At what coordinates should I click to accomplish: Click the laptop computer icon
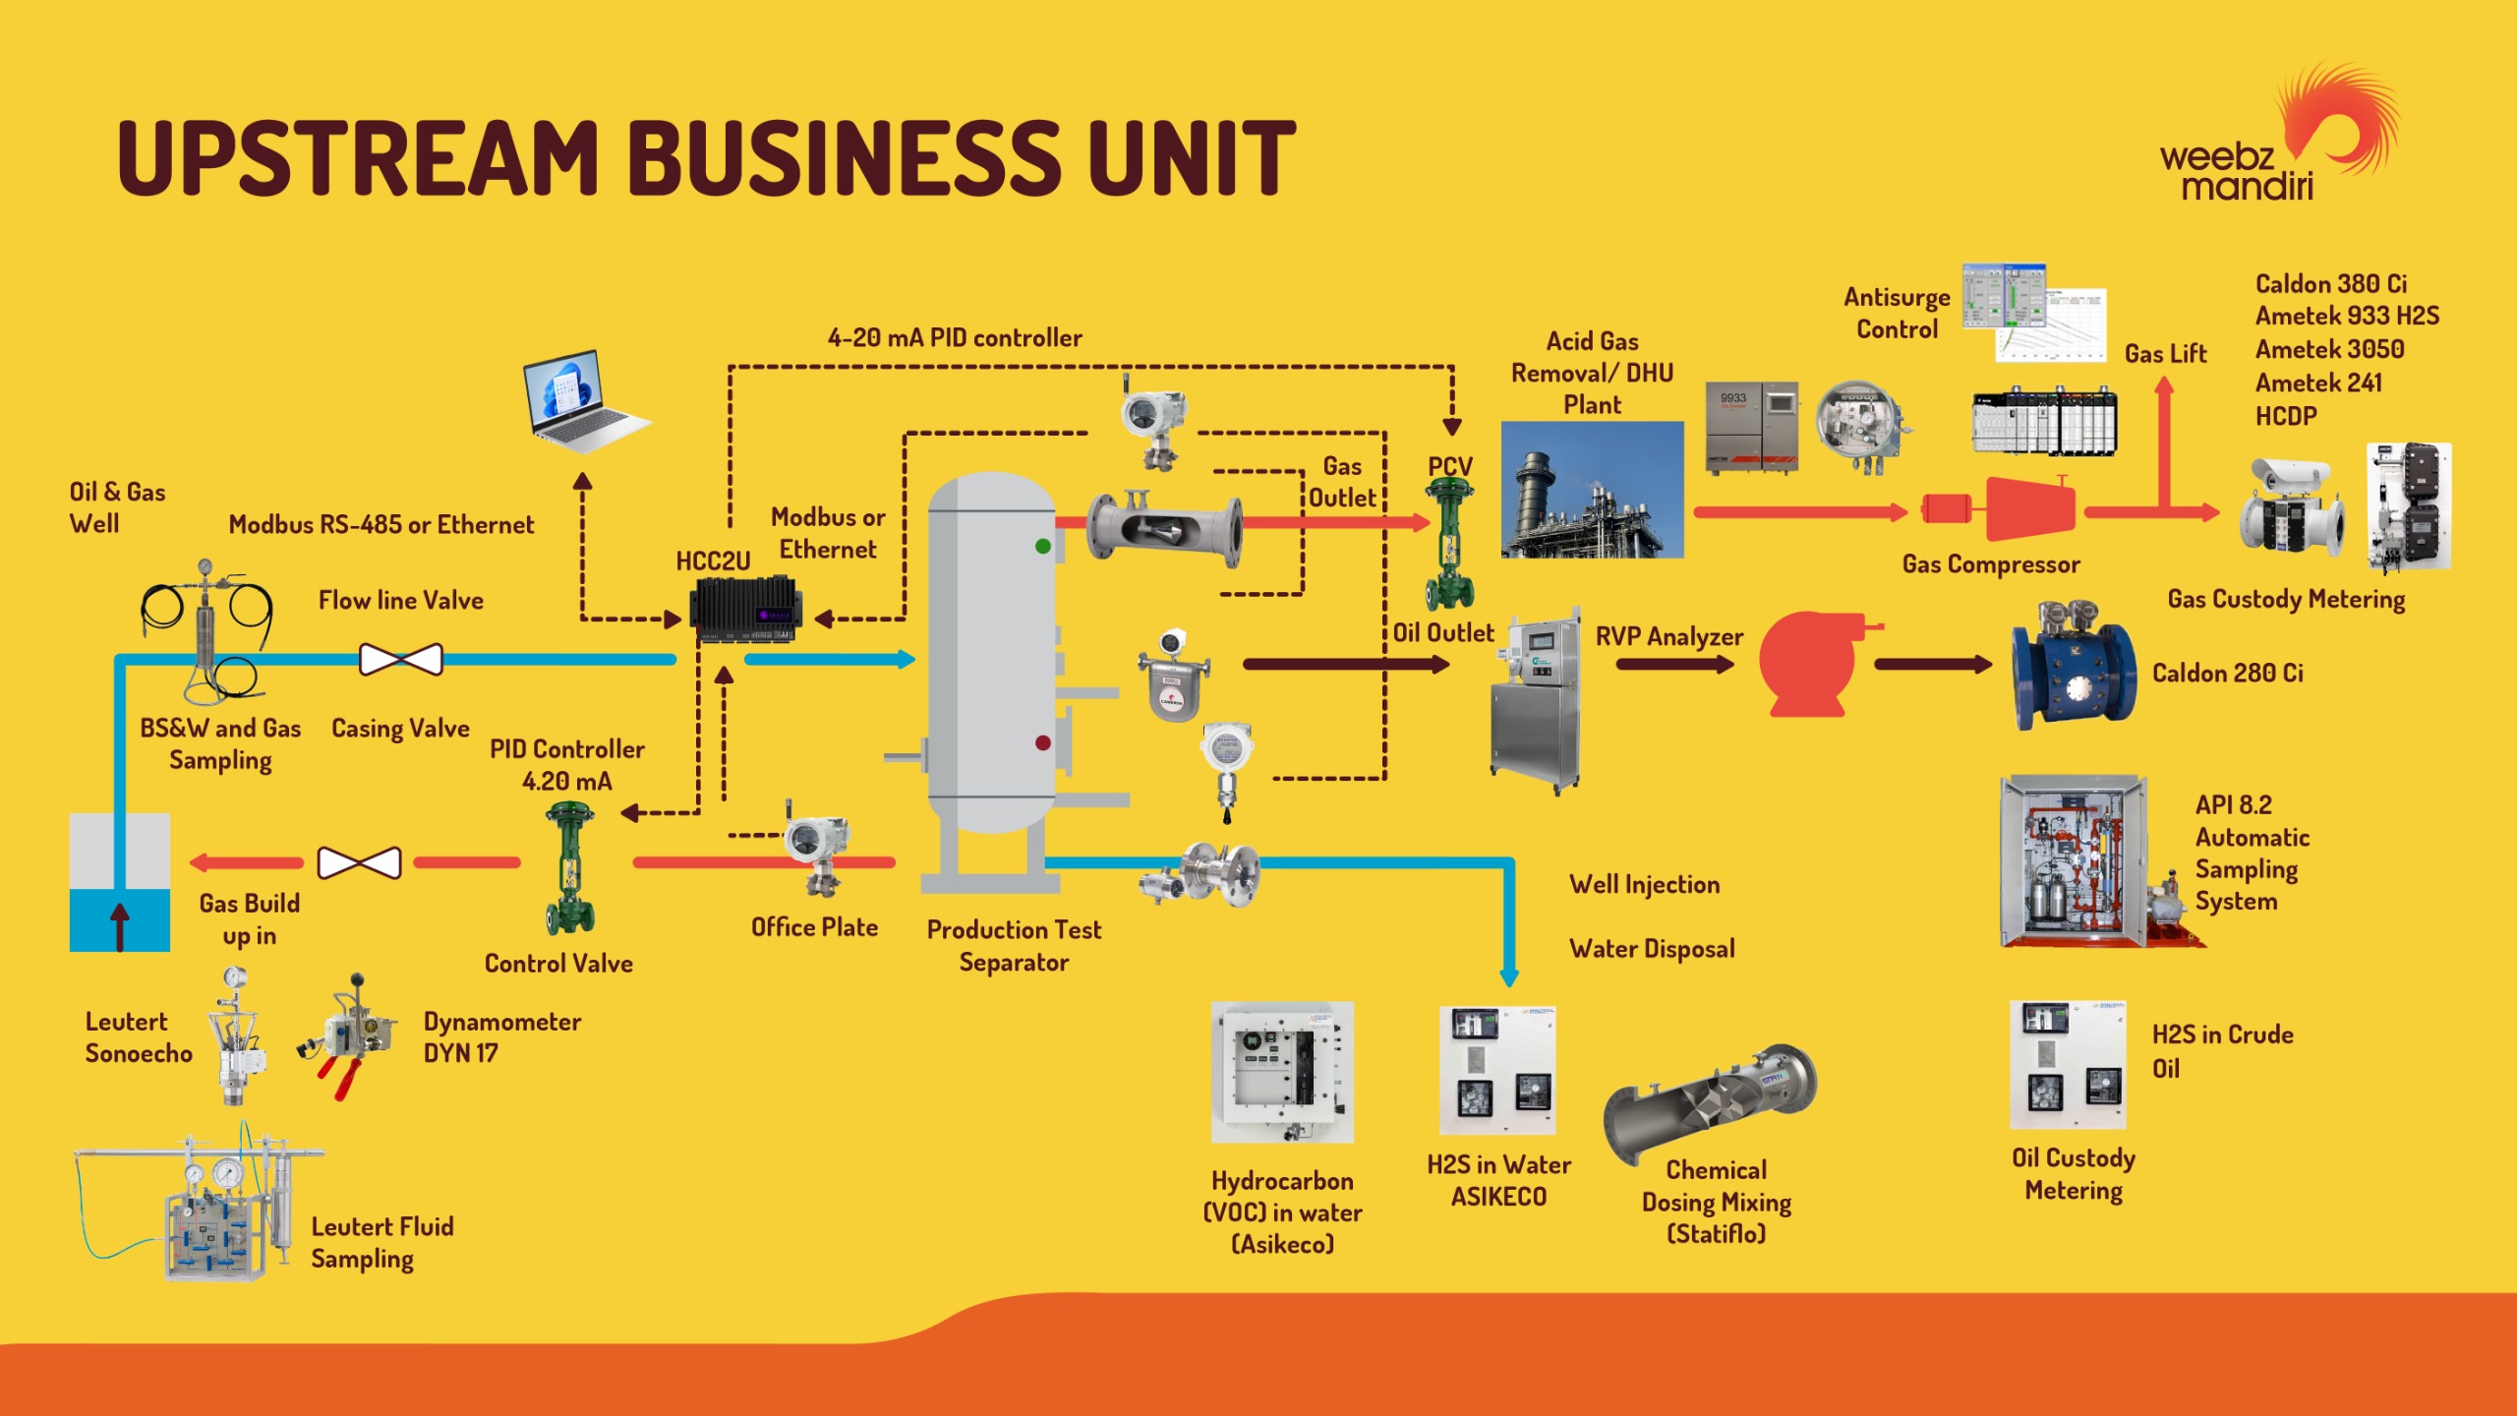[x=586, y=401]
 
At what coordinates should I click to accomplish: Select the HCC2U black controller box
[x=745, y=609]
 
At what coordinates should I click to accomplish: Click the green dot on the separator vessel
[x=1043, y=546]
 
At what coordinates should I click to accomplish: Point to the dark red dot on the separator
[x=1043, y=743]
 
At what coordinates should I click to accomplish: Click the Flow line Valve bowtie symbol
[x=401, y=659]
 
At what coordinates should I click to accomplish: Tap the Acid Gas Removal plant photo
[x=1592, y=490]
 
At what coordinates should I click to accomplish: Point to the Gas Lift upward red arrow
[x=2164, y=442]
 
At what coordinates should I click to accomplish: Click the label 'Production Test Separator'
[x=1014, y=946]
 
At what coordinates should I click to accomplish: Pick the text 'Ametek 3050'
[x=2329, y=350]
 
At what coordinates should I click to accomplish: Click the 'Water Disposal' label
[x=1652, y=949]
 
